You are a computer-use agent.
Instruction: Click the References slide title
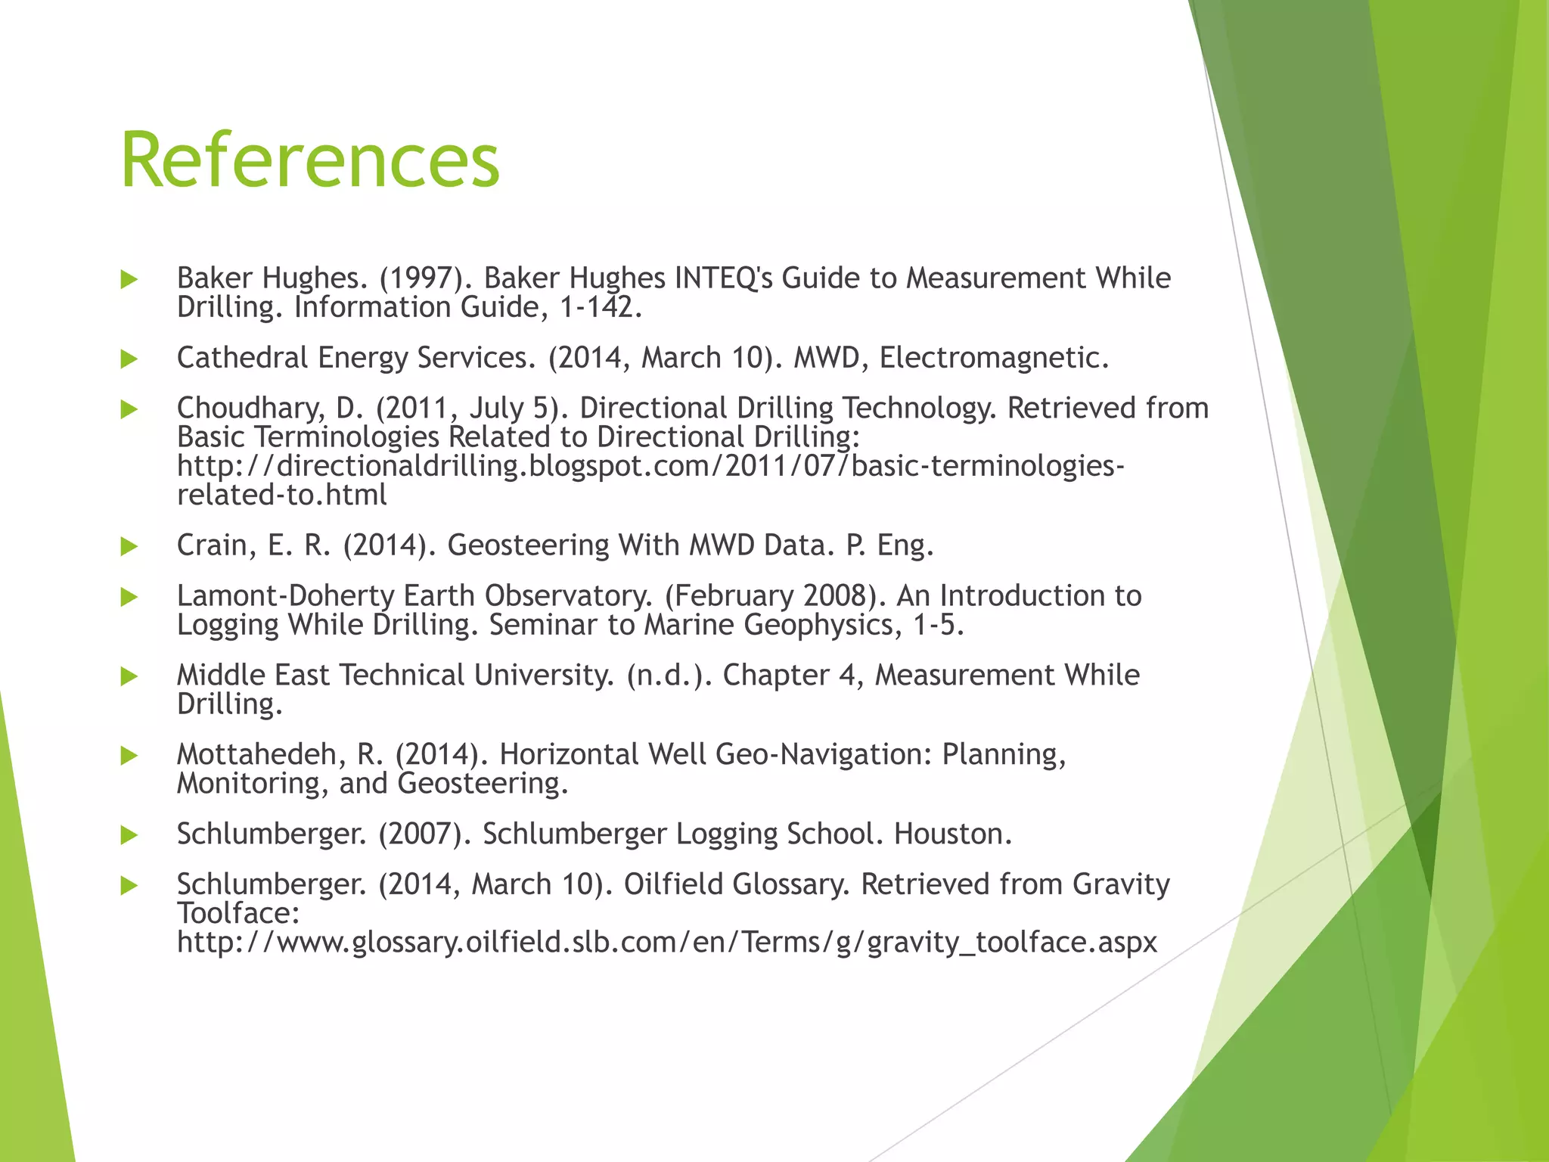pos(310,160)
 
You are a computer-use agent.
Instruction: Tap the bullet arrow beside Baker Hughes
pos(129,280)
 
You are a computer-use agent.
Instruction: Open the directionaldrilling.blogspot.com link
pos(650,466)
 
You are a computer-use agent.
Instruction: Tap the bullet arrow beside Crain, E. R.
pos(129,546)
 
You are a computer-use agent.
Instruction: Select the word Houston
pos(952,834)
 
